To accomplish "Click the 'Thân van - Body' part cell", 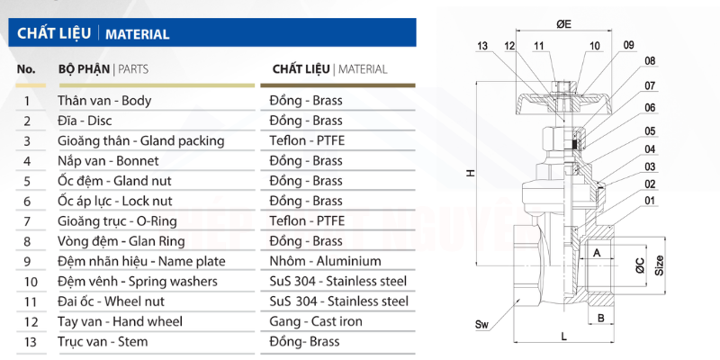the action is pos(104,101).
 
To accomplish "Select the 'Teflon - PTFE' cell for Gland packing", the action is pos(307,140).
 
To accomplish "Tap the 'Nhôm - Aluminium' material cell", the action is pos(326,261).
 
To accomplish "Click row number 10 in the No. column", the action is pos(31,282).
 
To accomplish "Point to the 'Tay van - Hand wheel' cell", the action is pos(120,321).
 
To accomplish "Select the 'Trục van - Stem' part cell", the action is pos(103,342).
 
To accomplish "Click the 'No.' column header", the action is pos(26,69).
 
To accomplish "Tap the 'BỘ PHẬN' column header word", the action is pos(84,69).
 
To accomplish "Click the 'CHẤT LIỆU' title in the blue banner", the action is pos(54,33).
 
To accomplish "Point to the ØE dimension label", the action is pos(564,24).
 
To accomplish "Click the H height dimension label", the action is pos(470,173).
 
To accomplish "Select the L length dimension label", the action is pos(564,337).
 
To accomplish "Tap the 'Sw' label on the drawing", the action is pos(481,326).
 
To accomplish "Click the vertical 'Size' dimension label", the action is pos(660,265).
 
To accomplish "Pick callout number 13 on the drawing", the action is pos(482,46).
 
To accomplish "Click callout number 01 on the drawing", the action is pos(650,201).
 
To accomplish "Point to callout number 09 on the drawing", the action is pos(628,45).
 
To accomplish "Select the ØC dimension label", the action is pos(640,265).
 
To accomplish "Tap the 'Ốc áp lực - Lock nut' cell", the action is pos(115,201).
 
